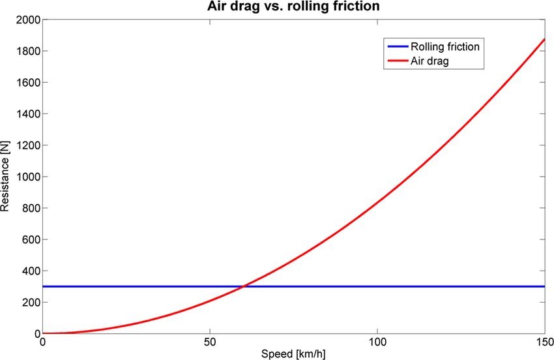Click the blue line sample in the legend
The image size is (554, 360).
[x=396, y=47]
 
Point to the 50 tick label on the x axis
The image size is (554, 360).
[x=210, y=343]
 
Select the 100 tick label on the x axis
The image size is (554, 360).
[x=377, y=343]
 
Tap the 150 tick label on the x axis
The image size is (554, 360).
[x=544, y=343]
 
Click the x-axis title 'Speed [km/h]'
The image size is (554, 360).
[x=293, y=355]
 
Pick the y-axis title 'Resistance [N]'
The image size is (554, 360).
[x=6, y=177]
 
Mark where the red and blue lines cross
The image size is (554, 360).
[x=244, y=286]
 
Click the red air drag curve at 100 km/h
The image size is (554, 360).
[x=377, y=203]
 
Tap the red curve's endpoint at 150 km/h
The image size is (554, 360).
[x=544, y=39]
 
